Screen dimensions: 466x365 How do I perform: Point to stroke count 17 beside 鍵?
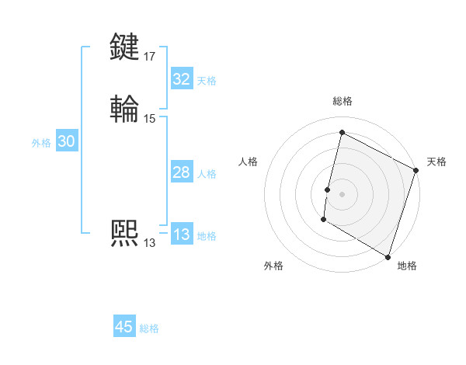pos(149,56)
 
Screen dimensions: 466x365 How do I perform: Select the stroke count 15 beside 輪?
pos(149,118)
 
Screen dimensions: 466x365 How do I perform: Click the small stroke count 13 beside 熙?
pos(149,242)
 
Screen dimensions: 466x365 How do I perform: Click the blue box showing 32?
pos(181,79)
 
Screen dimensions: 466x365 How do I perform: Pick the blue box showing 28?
pos(181,172)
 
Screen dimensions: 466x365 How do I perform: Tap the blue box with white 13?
pos(181,235)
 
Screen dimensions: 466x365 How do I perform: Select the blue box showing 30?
pos(67,141)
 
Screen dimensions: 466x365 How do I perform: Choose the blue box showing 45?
pos(124,327)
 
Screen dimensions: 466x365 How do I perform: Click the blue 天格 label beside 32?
pos(207,81)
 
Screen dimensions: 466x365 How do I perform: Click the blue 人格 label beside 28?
pos(207,174)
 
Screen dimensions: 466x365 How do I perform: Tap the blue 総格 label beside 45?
pos(149,328)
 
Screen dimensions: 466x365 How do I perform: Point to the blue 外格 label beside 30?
pos(41,143)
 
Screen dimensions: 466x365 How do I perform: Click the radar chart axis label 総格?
pos(342,101)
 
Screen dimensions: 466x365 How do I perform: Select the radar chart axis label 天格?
pos(436,162)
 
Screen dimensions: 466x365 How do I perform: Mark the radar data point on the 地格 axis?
pos(388,256)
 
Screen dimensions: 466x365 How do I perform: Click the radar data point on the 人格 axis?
pos(327,189)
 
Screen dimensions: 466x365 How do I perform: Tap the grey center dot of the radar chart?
pos(342,194)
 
